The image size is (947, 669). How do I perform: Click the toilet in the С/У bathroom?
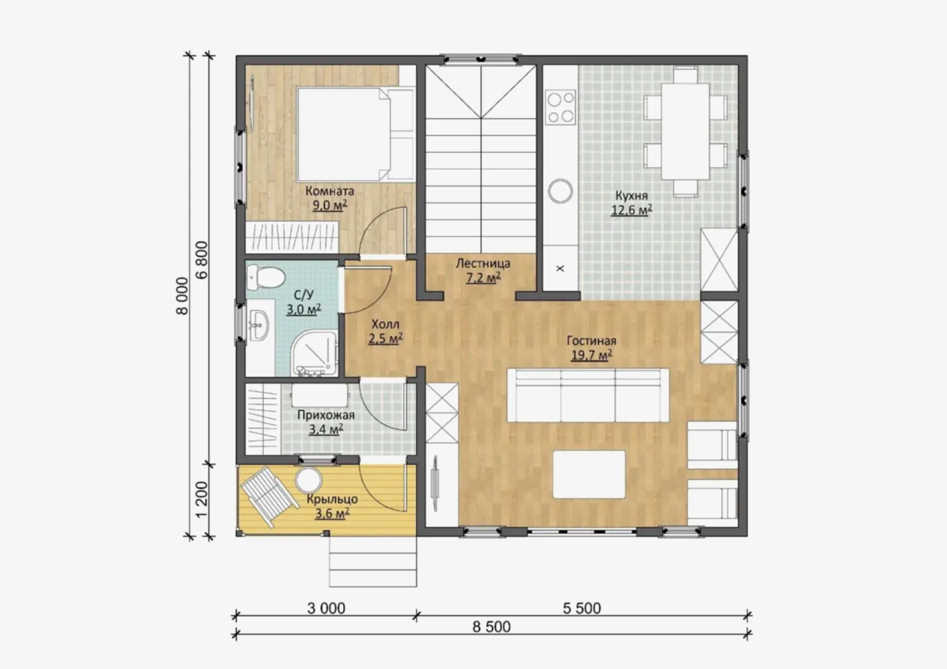click(x=265, y=277)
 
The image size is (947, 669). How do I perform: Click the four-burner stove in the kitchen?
click(x=561, y=107)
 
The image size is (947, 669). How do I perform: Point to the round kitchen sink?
click(x=561, y=191)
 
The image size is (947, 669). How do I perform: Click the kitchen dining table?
click(x=685, y=131)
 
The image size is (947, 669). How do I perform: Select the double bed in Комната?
click(x=355, y=135)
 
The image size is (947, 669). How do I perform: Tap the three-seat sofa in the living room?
click(x=588, y=395)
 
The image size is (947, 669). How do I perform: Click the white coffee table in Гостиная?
click(x=589, y=474)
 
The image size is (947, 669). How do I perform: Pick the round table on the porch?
click(x=309, y=481)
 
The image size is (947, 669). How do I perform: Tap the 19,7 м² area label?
click(x=592, y=355)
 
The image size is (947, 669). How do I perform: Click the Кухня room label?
click(x=631, y=196)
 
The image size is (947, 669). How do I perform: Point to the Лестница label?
click(x=482, y=264)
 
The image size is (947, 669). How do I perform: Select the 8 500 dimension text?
click(x=491, y=627)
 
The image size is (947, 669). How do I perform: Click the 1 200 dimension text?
click(x=202, y=499)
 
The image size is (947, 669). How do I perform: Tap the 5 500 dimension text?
click(x=582, y=608)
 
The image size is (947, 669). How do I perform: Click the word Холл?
click(x=385, y=324)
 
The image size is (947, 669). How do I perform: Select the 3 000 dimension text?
click(x=326, y=608)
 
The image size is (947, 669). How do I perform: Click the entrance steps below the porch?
click(x=373, y=562)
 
